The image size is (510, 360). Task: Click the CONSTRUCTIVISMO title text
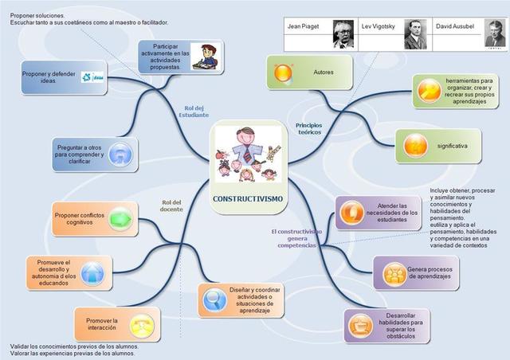coord(247,198)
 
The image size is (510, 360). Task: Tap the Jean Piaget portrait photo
coord(343,34)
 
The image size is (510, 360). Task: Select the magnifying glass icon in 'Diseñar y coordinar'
coord(214,299)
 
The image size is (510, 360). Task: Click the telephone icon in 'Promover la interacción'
coord(143,325)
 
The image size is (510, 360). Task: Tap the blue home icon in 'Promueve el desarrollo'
coord(92,272)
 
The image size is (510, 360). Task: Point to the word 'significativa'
coord(453,147)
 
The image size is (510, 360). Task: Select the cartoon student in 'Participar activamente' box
coord(206,57)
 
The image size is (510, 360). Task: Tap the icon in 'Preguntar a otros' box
coord(118,152)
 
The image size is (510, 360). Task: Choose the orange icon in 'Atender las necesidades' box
coord(351,212)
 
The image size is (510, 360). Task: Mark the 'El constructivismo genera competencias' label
coord(296,238)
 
